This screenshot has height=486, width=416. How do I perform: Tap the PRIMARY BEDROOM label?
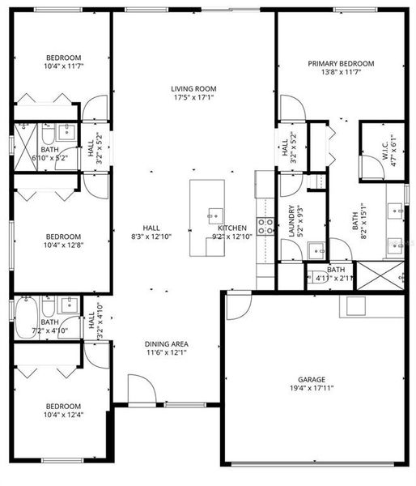[x=341, y=63]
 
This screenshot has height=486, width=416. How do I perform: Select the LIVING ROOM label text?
[x=193, y=89]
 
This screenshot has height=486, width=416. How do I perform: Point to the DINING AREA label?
[x=167, y=343]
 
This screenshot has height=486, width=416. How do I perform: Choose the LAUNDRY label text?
[x=291, y=220]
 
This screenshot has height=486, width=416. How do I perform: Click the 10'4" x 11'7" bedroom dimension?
[x=63, y=67]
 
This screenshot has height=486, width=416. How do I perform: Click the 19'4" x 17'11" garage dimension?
[x=311, y=387]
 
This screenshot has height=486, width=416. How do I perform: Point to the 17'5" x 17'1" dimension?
[x=193, y=99]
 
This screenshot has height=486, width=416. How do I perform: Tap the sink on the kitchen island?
[x=214, y=215]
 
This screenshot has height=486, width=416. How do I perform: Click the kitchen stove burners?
[x=265, y=226]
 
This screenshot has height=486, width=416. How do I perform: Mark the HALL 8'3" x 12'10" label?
[x=151, y=232]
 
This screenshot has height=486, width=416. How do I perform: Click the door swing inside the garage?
[x=237, y=305]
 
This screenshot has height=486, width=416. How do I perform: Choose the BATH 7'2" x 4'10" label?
[x=49, y=326]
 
